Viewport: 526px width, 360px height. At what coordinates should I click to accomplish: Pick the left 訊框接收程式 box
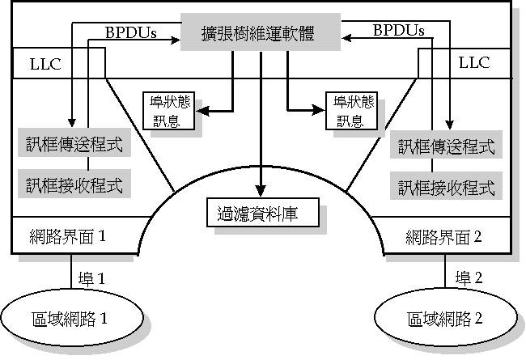[74, 185]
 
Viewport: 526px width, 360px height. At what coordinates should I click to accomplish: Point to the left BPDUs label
[131, 32]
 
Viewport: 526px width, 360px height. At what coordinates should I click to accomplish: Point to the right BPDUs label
[399, 31]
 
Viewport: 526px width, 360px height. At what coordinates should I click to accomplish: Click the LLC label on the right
[474, 62]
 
